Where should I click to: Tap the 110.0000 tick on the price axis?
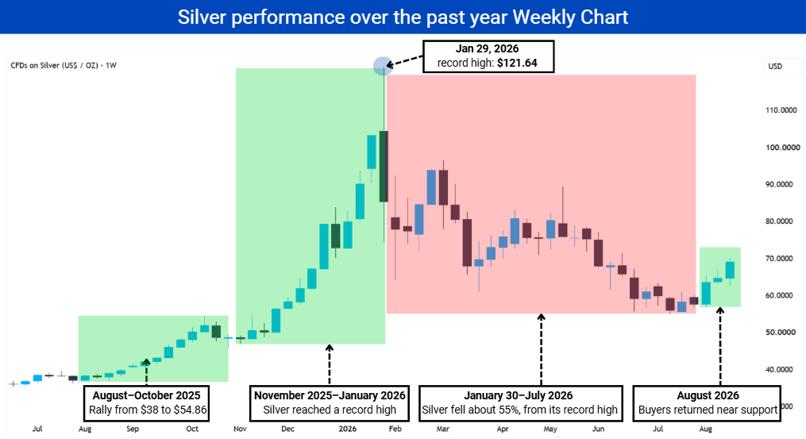(x=781, y=110)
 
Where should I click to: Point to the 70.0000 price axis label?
(x=779, y=258)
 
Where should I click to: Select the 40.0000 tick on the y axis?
(x=779, y=369)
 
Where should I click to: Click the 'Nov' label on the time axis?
(x=240, y=429)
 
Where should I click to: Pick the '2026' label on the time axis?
(x=348, y=429)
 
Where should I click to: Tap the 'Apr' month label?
(x=503, y=429)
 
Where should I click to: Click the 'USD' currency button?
(x=775, y=67)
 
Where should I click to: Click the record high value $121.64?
(x=517, y=64)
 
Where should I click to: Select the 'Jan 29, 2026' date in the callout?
(x=488, y=49)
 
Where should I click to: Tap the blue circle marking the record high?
(x=383, y=66)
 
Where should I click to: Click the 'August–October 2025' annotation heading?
(x=146, y=395)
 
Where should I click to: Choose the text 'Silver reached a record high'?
(x=330, y=410)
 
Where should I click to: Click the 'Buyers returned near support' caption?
(x=708, y=410)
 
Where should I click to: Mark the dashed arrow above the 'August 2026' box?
(x=720, y=346)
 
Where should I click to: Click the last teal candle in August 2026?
(x=730, y=270)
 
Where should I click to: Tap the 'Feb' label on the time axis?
(x=395, y=429)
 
